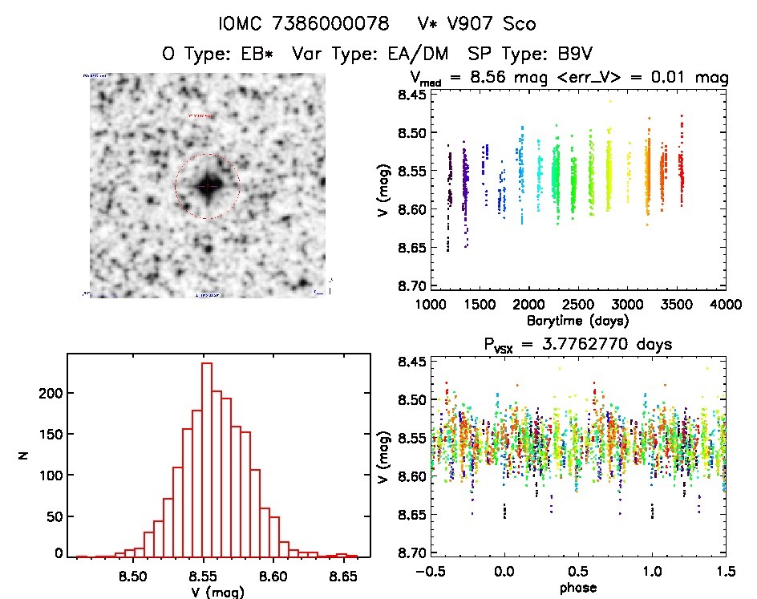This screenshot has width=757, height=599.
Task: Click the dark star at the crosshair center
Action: click(207, 186)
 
